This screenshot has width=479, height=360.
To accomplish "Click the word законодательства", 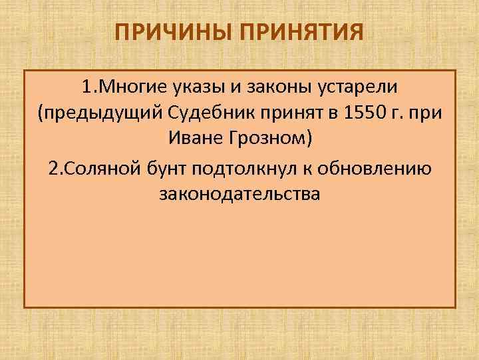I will pyautogui.click(x=239, y=195).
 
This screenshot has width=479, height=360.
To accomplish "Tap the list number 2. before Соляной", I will pyautogui.click(x=55, y=168).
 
